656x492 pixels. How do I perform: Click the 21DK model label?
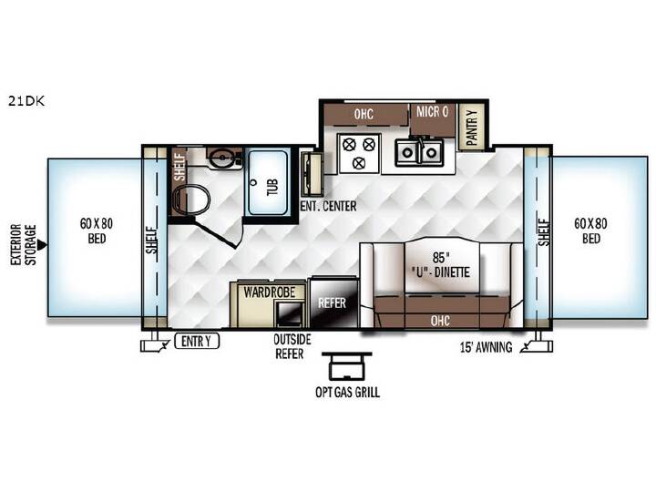[x=26, y=101]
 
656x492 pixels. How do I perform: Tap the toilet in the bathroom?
[x=190, y=200]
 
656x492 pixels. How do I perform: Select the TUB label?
[x=272, y=187]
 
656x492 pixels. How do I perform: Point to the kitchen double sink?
[x=419, y=151]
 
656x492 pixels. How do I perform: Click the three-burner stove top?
[x=359, y=154]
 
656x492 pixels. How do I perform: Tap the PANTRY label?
[x=472, y=128]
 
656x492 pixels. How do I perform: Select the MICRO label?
[x=432, y=112]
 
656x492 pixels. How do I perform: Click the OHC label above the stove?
[x=364, y=114]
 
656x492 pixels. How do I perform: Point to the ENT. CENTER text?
[x=328, y=206]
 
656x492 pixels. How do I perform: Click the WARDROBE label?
[x=270, y=292]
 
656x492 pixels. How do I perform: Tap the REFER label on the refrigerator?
[x=332, y=302]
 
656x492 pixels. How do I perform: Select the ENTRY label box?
[x=197, y=342]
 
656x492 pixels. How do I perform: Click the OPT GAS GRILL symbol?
[x=347, y=365]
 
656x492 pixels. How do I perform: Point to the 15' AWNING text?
[x=487, y=347]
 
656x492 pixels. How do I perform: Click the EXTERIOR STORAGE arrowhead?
[x=42, y=245]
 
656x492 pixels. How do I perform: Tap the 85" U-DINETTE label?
[x=439, y=265]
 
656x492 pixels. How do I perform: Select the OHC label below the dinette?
[x=440, y=321]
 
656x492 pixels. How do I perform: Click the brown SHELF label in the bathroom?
[x=179, y=167]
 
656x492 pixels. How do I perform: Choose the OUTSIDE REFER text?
[x=292, y=346]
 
